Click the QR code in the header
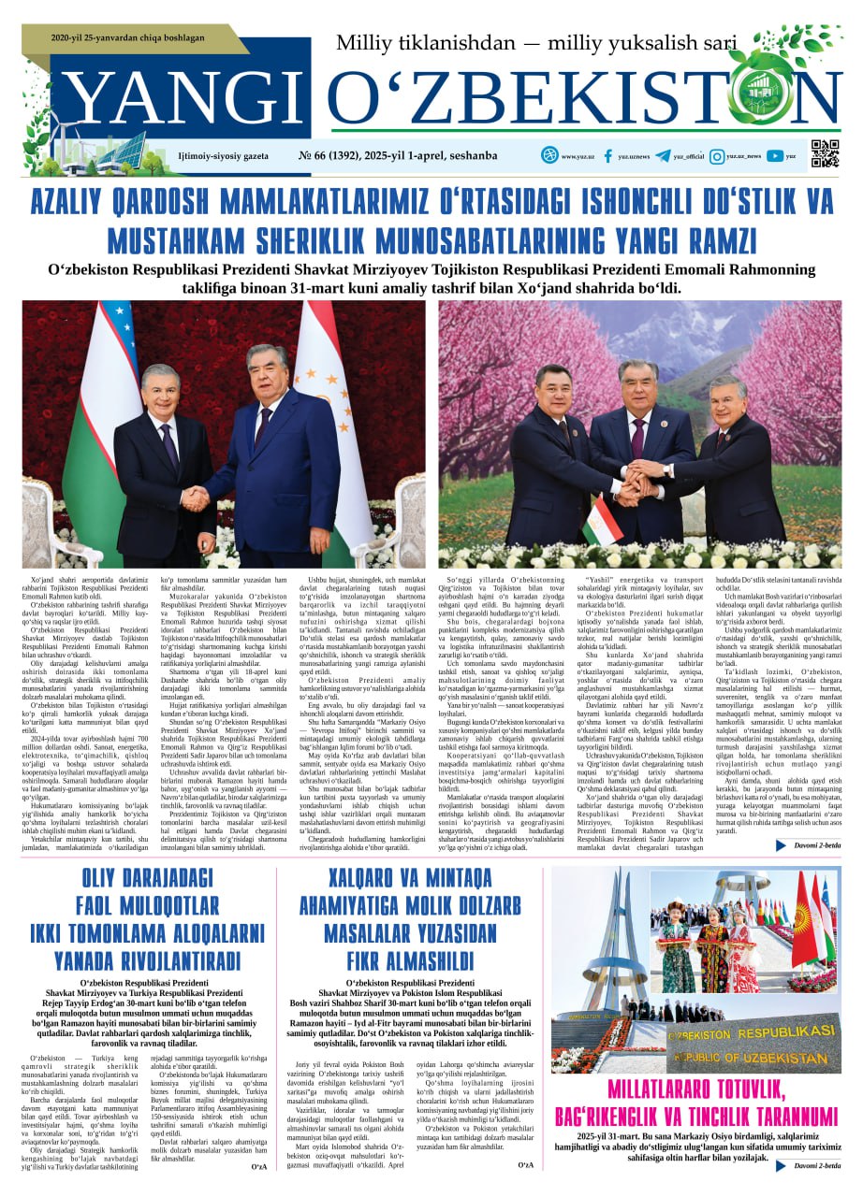pos(825,153)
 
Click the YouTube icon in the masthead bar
pos(774,156)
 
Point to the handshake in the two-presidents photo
pos(196,498)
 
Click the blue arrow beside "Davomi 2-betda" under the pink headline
pos(781,1165)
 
